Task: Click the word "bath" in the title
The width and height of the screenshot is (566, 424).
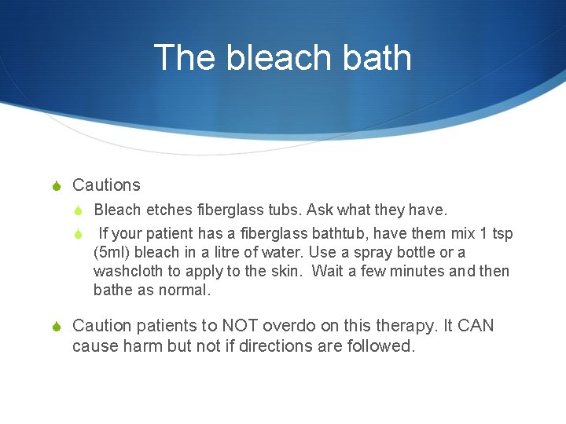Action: pos(377,57)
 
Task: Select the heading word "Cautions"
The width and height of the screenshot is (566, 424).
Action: pos(106,185)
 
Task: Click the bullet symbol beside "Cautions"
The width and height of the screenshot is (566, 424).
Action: pos(55,186)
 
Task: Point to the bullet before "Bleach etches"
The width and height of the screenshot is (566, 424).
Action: pos(78,210)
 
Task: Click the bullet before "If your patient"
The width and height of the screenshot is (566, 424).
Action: pos(78,233)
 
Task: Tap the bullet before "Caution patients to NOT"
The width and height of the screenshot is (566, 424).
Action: pos(55,326)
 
